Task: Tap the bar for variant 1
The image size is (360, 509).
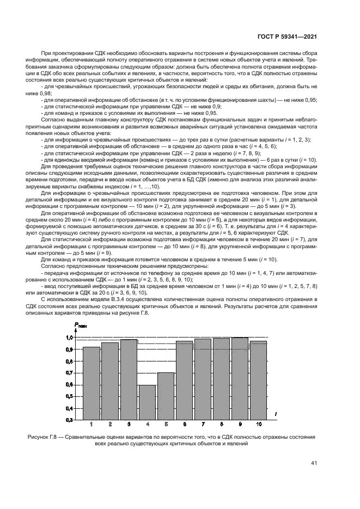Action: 91,383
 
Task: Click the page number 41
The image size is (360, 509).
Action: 314,463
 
